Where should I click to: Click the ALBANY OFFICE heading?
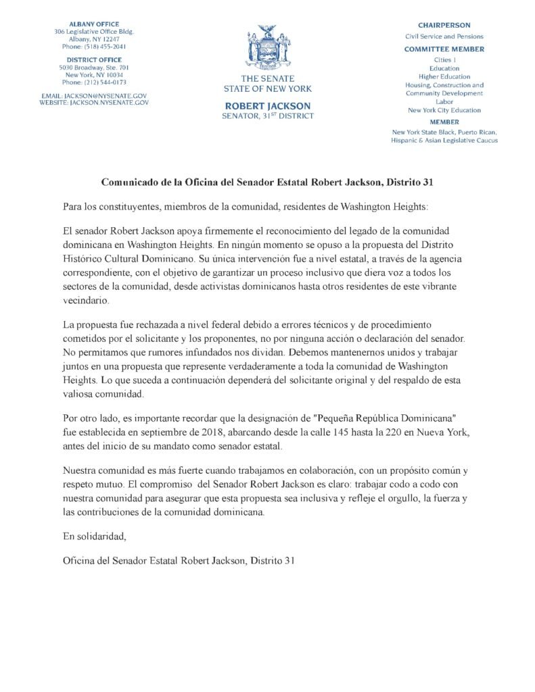[94, 24]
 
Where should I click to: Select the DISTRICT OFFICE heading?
[94, 60]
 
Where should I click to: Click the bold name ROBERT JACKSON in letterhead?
[267, 106]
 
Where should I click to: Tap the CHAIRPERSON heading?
[444, 24]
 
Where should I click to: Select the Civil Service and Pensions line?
[444, 36]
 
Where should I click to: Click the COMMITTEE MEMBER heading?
[444, 49]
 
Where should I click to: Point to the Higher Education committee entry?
[444, 76]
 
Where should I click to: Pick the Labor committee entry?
[444, 101]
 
